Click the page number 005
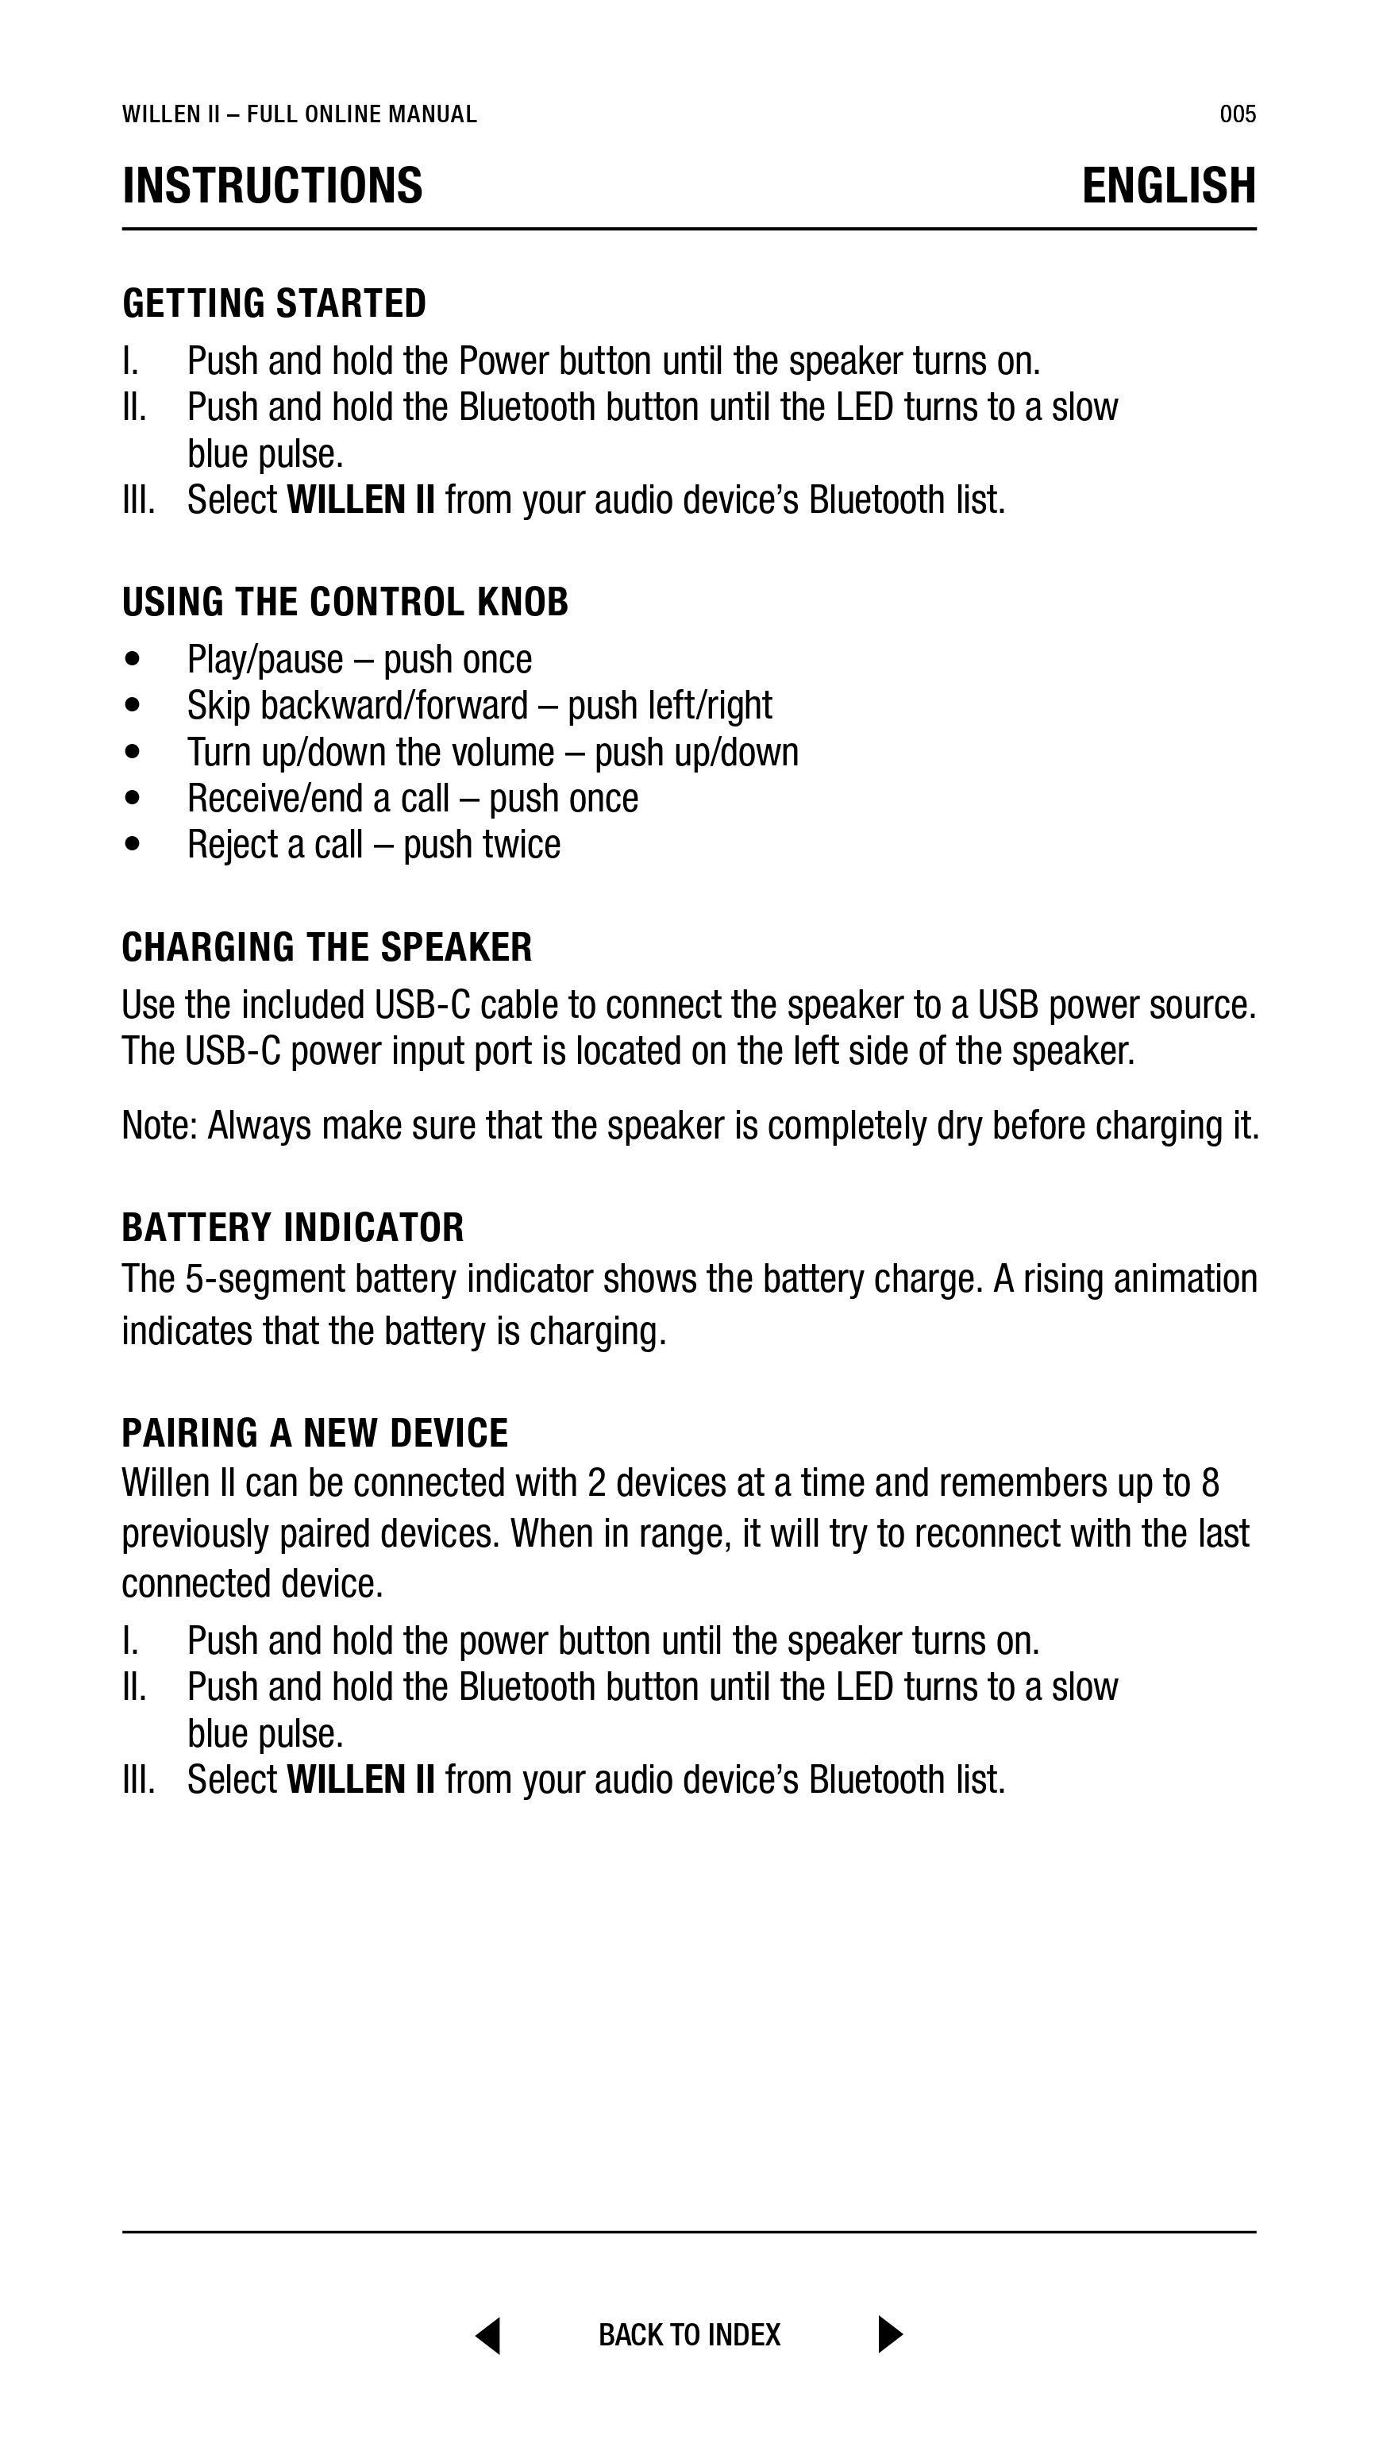pos(1237,115)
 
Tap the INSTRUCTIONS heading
pos(272,186)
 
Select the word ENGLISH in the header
pos(1169,186)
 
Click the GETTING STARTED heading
pos(274,303)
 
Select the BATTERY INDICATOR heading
pos(292,1227)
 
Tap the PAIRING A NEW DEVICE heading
pos(314,1433)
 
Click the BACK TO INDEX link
pos(689,2335)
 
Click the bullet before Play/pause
pos(133,659)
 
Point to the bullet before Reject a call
pos(133,844)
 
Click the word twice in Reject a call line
pos(522,844)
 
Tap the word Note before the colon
pos(154,1126)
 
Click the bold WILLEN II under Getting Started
pos(360,500)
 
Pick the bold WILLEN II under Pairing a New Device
pos(360,1780)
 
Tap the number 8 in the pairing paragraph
pos(1211,1483)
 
